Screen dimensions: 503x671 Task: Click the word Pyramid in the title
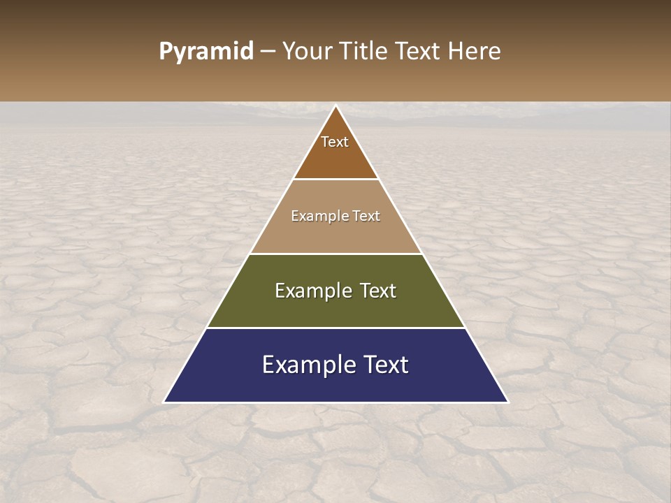pos(205,52)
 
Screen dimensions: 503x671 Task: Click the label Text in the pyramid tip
pos(335,142)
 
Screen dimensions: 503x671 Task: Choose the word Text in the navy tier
pos(387,365)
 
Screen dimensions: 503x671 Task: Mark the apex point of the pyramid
pos(336,106)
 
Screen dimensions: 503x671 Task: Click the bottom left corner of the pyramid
pos(164,402)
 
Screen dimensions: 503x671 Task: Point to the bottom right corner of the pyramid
pos(507,402)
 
